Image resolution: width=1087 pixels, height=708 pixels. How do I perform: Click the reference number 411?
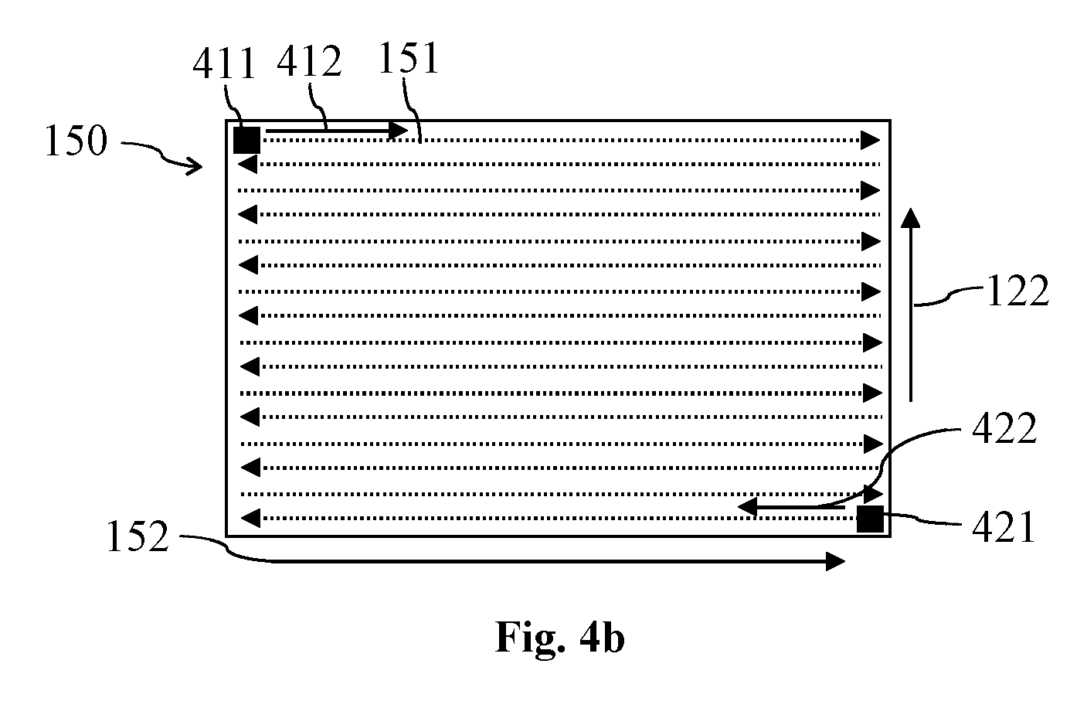(x=224, y=63)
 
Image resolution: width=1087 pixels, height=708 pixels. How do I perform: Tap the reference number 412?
(x=310, y=61)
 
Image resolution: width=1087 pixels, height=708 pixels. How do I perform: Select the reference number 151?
(x=408, y=58)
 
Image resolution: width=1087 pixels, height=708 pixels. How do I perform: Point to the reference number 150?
(x=76, y=141)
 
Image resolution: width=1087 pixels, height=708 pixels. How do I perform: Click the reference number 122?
(x=1018, y=291)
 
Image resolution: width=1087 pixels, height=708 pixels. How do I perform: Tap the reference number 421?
(x=1004, y=527)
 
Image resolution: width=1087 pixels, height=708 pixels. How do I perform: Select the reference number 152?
(x=138, y=536)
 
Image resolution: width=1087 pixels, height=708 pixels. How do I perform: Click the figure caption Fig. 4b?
(x=559, y=638)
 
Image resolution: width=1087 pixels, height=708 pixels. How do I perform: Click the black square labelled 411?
(x=247, y=141)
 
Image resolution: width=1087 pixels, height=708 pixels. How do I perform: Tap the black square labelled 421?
(x=870, y=519)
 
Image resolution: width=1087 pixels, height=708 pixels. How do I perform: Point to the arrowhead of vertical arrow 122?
(x=910, y=217)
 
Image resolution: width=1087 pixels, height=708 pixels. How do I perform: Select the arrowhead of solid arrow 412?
(x=398, y=130)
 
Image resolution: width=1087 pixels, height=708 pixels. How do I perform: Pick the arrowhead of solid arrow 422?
(x=747, y=507)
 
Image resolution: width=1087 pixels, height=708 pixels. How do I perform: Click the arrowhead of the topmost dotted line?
(x=871, y=141)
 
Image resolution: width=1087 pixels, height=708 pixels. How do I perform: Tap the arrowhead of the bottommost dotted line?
(x=250, y=518)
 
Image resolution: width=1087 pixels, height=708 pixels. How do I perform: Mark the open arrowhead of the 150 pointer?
(x=196, y=166)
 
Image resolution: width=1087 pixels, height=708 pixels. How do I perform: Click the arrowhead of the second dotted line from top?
(x=248, y=164)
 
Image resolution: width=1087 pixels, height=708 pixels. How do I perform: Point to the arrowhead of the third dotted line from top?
(x=871, y=190)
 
